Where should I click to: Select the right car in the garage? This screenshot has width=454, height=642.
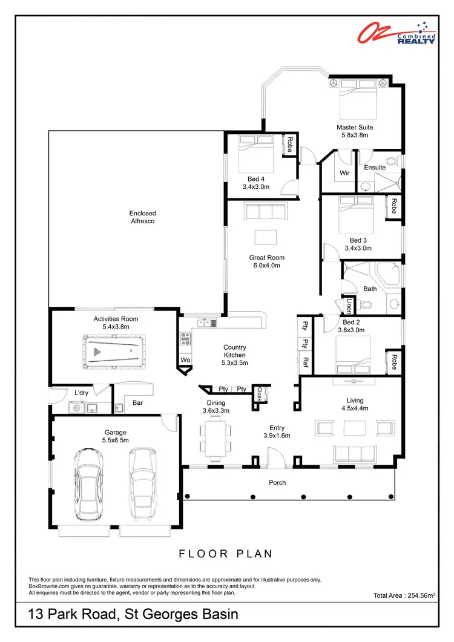coord(143,483)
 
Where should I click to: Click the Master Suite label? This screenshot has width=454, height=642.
coord(355,128)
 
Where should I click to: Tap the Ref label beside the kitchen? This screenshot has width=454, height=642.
coord(306,363)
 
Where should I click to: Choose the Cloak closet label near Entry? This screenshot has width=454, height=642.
coord(259,395)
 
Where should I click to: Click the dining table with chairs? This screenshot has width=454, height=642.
coord(215,439)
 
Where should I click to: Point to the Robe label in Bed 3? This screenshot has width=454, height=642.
coord(393,206)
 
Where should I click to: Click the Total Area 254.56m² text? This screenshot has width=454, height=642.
coord(404,596)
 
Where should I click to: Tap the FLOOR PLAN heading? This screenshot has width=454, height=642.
coord(226,554)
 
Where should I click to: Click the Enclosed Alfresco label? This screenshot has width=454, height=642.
coord(142,217)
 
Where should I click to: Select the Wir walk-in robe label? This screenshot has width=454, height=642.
coord(344,173)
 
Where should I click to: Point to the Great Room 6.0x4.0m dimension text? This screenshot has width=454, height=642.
coord(267,266)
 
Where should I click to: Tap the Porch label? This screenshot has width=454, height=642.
coord(277,482)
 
